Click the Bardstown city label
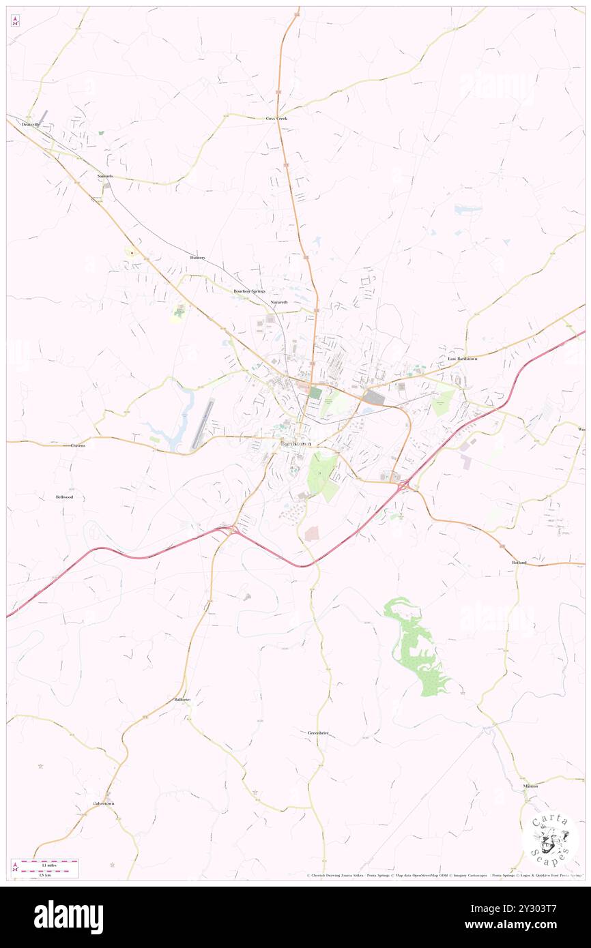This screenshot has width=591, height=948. coord(296,444)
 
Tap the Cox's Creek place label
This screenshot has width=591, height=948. coord(276,119)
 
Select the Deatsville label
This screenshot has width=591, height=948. coord(31,125)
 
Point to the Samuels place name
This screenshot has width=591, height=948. coord(104,176)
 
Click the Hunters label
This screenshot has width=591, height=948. coord(198,258)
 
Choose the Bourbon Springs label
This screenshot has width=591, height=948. coord(249,291)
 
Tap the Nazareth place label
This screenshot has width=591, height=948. coord(278,301)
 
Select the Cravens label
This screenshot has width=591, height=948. coord(78,445)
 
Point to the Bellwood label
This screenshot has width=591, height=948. coord(64,497)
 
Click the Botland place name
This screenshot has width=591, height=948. coord(519,562)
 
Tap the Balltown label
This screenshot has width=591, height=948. coord(182,700)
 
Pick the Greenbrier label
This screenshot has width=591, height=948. coord(318,732)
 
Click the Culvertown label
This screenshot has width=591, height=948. coord(104,803)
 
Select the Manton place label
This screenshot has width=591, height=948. coord(530,786)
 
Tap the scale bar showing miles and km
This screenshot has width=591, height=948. coord(46,867)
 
